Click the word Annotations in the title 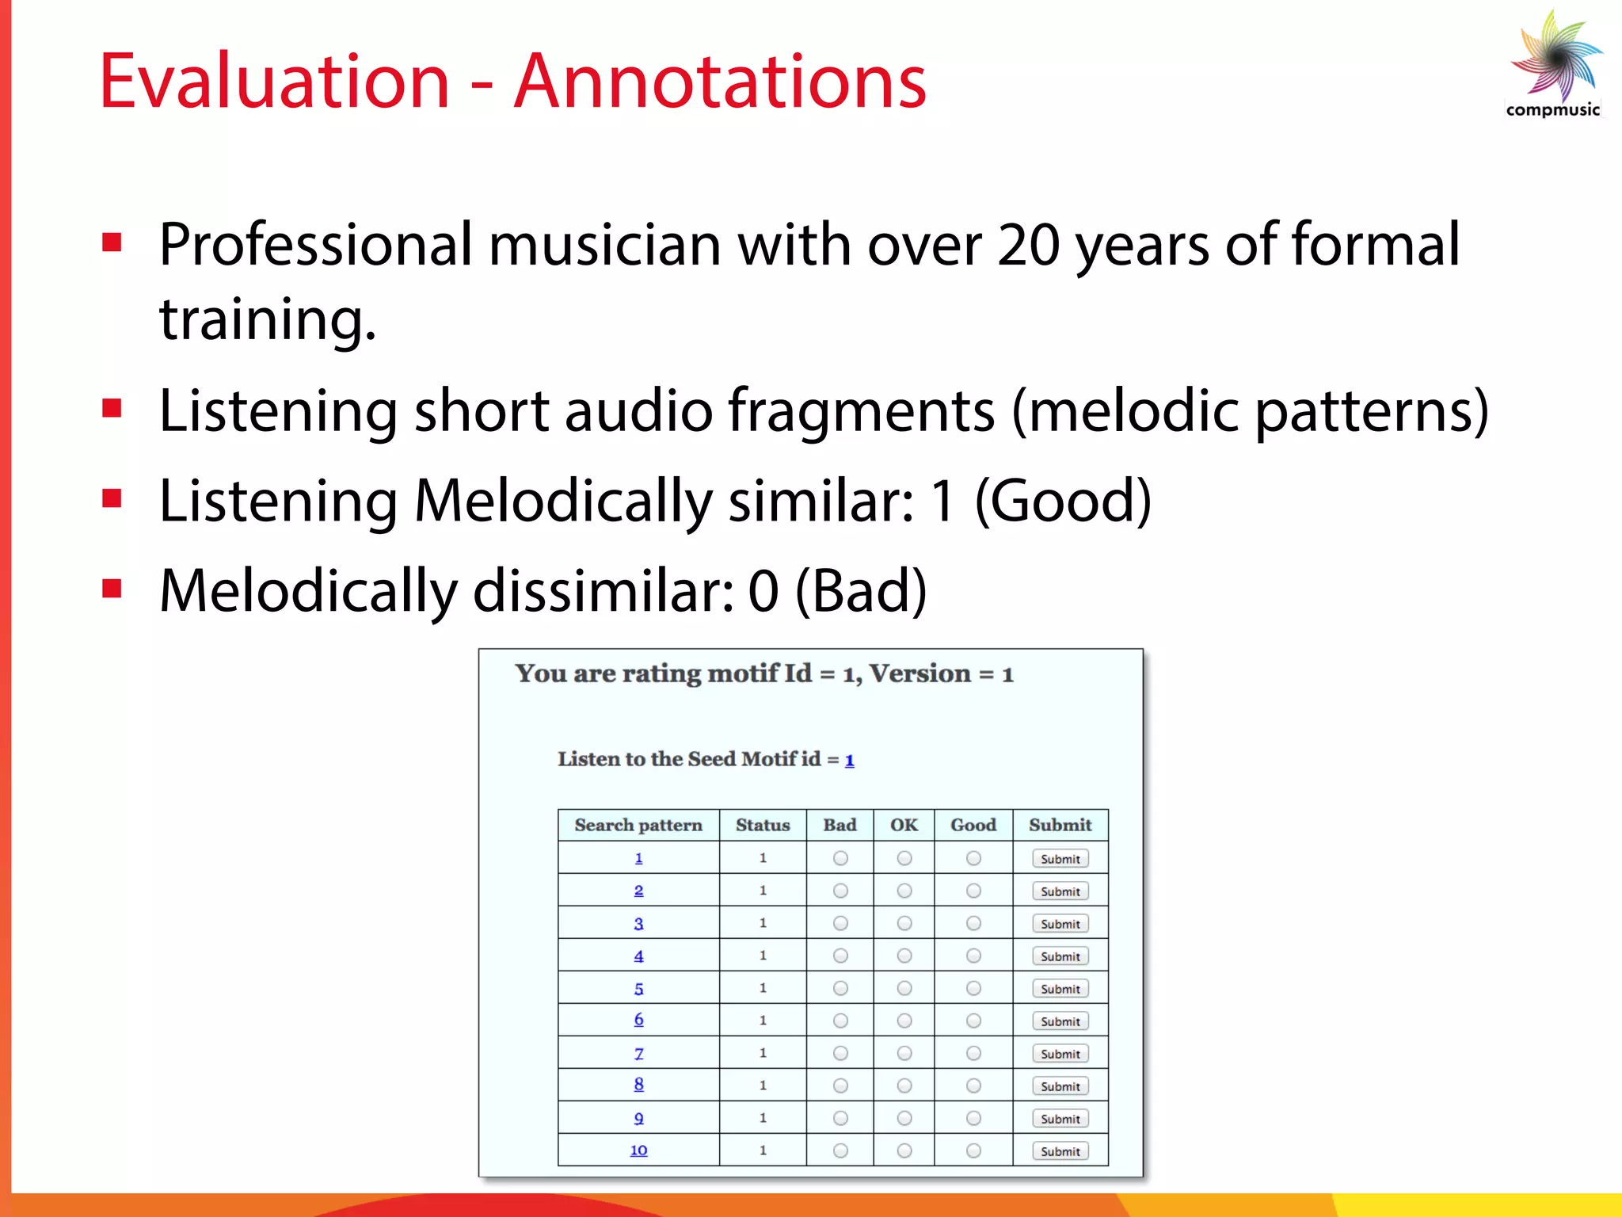click(720, 81)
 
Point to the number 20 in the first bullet click(1027, 245)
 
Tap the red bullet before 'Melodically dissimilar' click(112, 589)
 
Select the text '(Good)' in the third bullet click(1063, 501)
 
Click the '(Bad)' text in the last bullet click(860, 591)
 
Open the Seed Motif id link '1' click(849, 761)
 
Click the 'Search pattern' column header click(638, 825)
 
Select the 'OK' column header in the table click(904, 825)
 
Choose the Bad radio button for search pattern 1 click(840, 858)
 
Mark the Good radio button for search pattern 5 click(973, 988)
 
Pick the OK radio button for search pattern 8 click(904, 1085)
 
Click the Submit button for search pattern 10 click(1060, 1150)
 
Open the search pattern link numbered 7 click(638, 1054)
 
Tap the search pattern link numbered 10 click(638, 1150)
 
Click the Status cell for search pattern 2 click(763, 891)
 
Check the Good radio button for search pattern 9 click(973, 1118)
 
